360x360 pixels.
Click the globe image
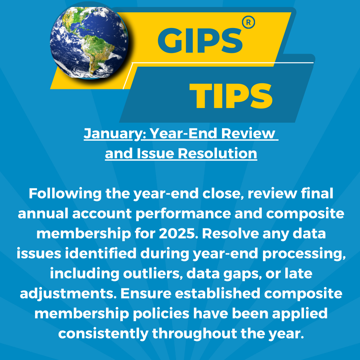coord(89,43)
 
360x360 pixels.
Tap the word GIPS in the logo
coord(200,41)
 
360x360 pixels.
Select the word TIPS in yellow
coord(231,96)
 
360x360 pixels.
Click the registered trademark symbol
coord(248,22)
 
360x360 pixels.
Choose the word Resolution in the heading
coord(217,153)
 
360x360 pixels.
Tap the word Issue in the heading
coord(155,153)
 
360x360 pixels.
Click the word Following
coord(65,194)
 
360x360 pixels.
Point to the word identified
coord(101,253)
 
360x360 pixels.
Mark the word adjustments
coord(68,294)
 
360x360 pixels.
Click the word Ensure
coord(146,294)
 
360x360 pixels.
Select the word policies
coord(161,314)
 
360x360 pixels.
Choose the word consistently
coord(103,334)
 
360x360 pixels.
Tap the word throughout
coord(194,334)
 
